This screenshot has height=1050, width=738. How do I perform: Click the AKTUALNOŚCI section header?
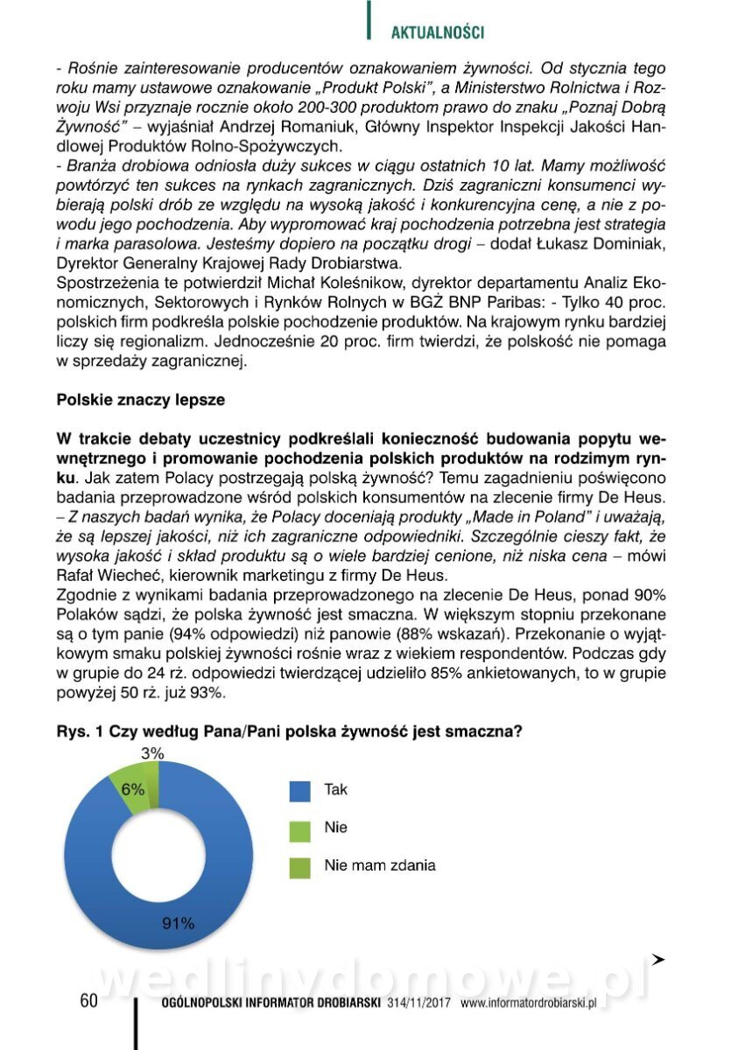pos(437,33)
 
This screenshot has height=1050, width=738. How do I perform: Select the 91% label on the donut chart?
pos(178,921)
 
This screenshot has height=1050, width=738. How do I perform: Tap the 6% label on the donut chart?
pos(133,788)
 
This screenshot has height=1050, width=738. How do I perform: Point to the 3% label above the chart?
pos(152,752)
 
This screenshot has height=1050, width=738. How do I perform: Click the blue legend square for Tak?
pos(299,790)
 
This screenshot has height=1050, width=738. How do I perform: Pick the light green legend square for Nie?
pos(299,828)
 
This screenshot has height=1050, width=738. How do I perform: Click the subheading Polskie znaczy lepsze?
pos(140,400)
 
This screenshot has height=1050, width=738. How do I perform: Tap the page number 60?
pos(88,1001)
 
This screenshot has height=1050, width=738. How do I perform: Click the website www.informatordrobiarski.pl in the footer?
pos(528,1004)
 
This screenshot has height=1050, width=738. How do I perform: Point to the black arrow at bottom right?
pos(658,960)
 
